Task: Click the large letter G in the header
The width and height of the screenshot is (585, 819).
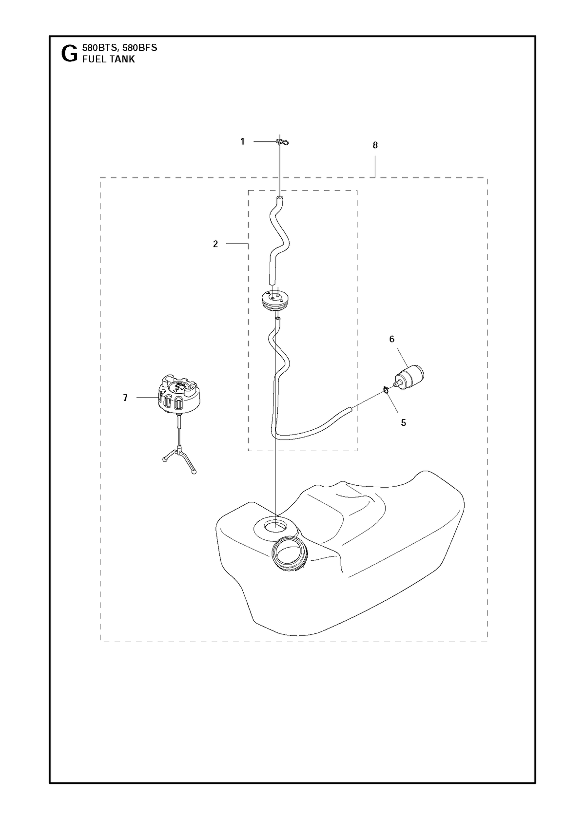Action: coord(70,54)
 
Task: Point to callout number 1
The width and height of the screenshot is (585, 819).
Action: coord(242,141)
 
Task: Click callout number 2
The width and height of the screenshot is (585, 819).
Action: coord(215,244)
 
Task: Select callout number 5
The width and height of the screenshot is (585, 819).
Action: coord(403,423)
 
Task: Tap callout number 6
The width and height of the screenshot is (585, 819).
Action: coord(392,339)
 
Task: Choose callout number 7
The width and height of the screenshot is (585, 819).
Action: coord(125,398)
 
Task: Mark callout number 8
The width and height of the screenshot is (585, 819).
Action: coord(375,145)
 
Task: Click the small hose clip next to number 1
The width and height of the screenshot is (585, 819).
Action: coord(281,142)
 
